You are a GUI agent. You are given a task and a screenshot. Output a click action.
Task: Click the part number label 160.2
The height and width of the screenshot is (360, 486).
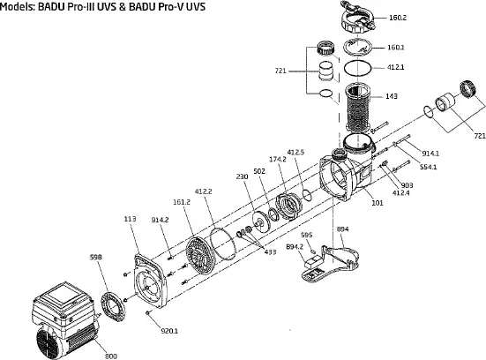tap(398, 18)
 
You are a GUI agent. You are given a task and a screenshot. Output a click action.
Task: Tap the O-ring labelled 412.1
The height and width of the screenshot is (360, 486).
tap(358, 68)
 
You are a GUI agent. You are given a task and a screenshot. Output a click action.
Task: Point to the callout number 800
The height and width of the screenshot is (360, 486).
tap(111, 356)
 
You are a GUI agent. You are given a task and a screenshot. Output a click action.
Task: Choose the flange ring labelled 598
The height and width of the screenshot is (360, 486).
tap(114, 306)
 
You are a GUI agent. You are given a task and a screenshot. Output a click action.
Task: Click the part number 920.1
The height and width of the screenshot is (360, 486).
tap(169, 331)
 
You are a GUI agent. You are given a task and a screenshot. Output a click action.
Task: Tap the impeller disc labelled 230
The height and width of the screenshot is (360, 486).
tap(259, 221)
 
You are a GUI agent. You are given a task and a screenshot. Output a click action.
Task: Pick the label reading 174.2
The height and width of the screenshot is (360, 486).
tap(278, 160)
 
